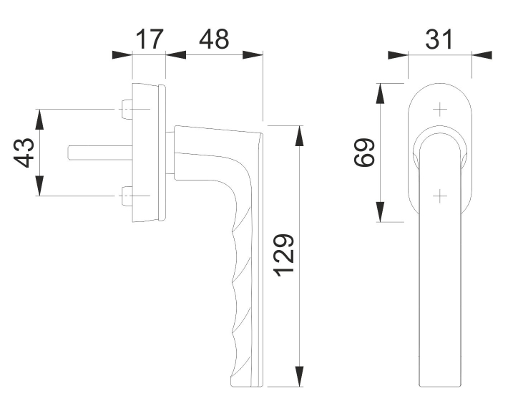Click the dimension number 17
coord(150,39)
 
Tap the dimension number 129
coord(281,256)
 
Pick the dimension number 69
coord(366,152)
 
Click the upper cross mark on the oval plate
coord(439,109)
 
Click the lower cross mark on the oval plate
coord(439,193)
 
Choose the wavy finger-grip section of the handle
coord(239,287)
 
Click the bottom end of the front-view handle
coord(439,384)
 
